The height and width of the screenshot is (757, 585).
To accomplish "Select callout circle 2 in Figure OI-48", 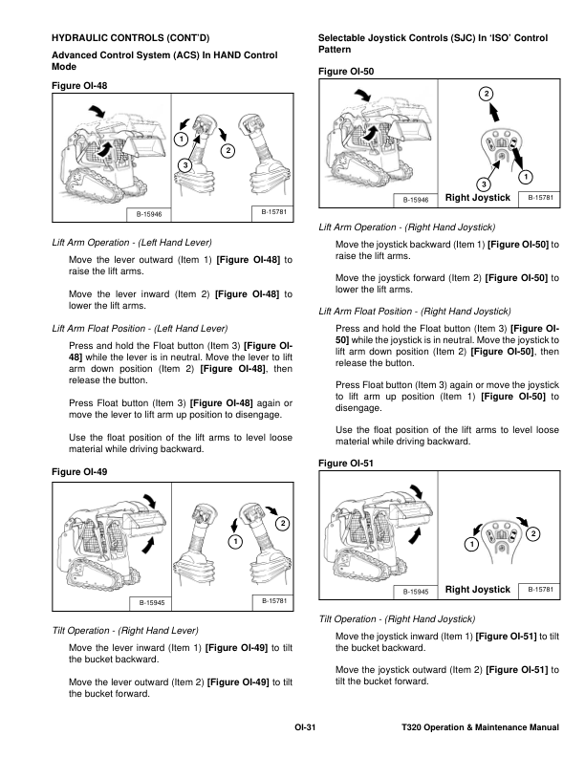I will [227, 151].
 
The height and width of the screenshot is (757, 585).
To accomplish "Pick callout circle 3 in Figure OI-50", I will [484, 183].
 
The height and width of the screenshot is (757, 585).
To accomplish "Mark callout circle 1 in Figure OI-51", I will [470, 545].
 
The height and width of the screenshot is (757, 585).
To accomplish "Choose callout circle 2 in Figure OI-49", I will [283, 522].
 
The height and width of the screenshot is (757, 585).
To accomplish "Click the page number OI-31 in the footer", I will [305, 728].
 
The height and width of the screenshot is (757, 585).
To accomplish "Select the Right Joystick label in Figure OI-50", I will [478, 197].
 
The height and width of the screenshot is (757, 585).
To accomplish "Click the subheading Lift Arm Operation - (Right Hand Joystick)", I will [406, 228].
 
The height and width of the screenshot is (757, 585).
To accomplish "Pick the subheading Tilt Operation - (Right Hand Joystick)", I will [397, 619].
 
